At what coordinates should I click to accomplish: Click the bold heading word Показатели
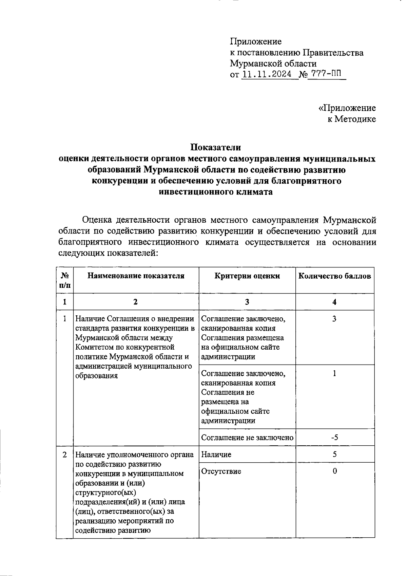click(x=216, y=148)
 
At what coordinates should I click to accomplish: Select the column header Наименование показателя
click(x=136, y=276)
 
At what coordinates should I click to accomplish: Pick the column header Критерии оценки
click(x=247, y=276)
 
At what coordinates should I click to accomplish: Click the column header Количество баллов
click(x=334, y=276)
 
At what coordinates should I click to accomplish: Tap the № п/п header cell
click(x=65, y=280)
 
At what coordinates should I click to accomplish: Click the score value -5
click(x=334, y=438)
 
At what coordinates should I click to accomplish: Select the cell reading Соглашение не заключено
click(x=247, y=438)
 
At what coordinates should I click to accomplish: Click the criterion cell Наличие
click(x=216, y=454)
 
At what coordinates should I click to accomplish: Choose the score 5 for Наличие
click(x=334, y=454)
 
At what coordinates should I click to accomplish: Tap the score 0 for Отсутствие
click(x=334, y=471)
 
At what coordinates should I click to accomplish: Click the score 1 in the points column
click(x=334, y=374)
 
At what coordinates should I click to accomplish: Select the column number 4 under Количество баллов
click(x=334, y=302)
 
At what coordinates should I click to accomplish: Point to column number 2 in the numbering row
click(x=136, y=302)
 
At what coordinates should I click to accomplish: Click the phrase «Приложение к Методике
click(x=347, y=113)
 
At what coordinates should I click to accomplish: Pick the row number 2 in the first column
click(x=65, y=454)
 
